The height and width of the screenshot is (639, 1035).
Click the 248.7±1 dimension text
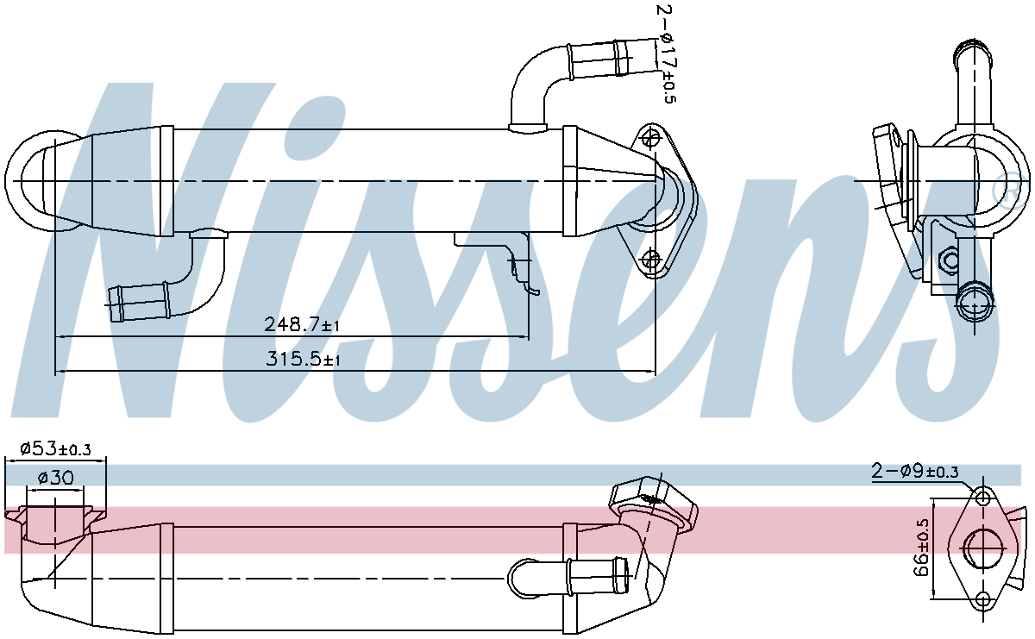[x=303, y=324]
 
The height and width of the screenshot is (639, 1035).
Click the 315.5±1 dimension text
[x=303, y=360]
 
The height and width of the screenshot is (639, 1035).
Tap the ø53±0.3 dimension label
[x=54, y=448]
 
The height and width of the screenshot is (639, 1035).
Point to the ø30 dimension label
[x=54, y=477]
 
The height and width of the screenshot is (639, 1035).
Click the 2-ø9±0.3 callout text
[x=915, y=471]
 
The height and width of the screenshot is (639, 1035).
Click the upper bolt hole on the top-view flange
[x=653, y=137]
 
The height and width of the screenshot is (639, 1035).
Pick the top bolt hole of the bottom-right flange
[x=983, y=498]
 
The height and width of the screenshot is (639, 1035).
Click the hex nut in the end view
[x=947, y=260]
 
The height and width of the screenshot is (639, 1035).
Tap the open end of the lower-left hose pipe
[x=111, y=298]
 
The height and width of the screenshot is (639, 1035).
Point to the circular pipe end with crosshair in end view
[x=976, y=302]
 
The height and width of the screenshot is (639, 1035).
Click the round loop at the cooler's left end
[x=30, y=182]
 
